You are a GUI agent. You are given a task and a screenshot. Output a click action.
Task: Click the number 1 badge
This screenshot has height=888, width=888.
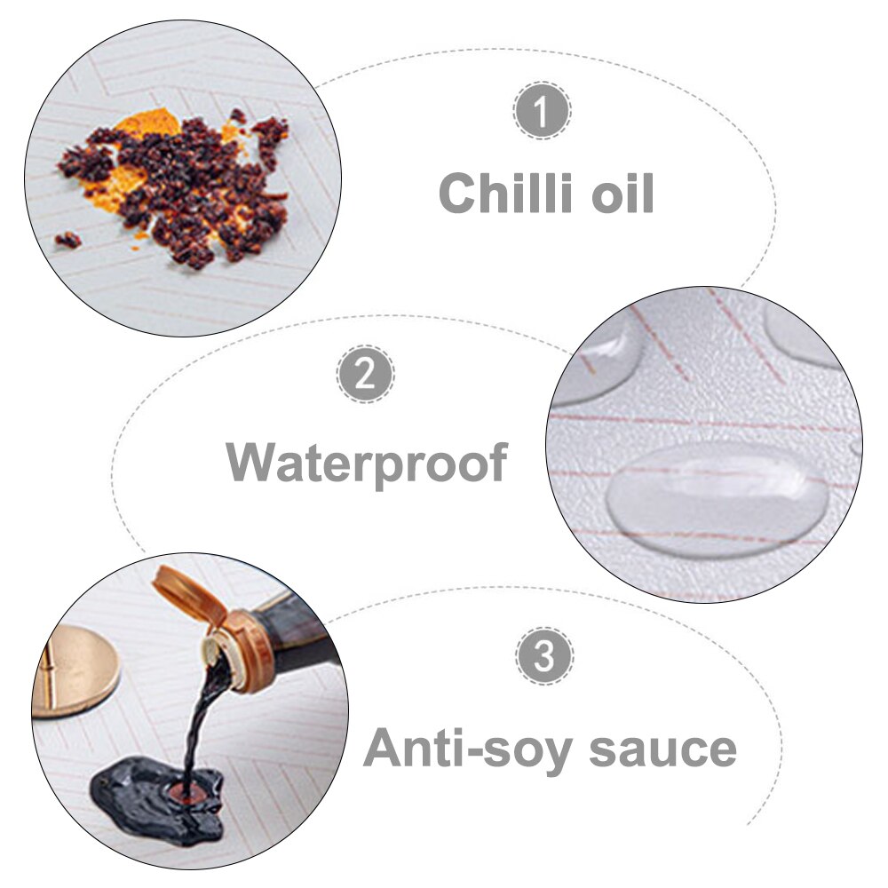tap(542, 110)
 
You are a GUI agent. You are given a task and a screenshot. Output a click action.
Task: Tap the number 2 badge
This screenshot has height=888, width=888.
tap(365, 374)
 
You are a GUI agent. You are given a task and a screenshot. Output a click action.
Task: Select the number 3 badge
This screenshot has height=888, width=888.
tap(544, 656)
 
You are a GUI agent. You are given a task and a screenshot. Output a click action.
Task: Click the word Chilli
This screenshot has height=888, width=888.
tap(505, 193)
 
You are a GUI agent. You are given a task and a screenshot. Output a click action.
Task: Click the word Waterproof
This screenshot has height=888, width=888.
tap(367, 464)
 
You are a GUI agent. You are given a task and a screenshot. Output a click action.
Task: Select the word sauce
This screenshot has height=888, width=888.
tap(663, 749)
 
